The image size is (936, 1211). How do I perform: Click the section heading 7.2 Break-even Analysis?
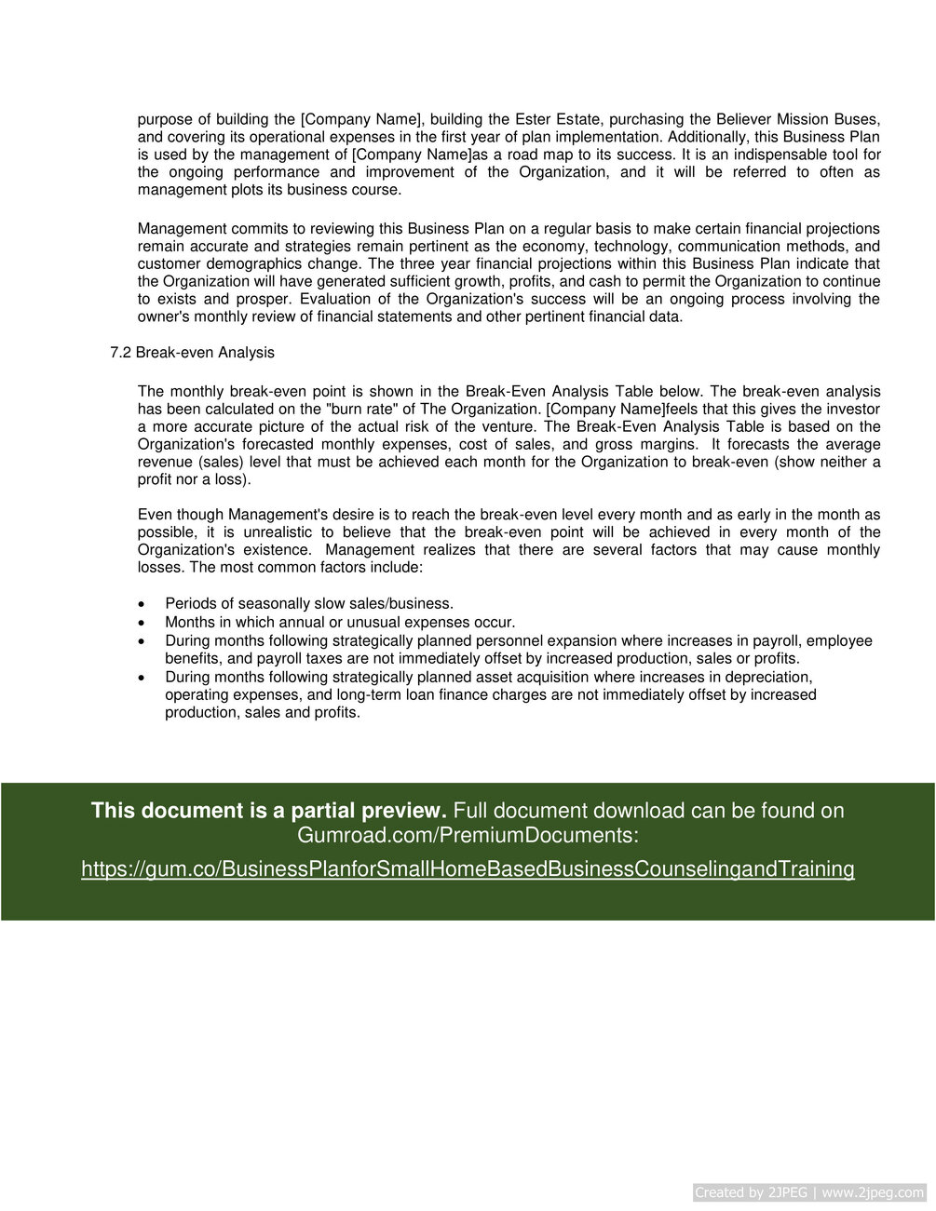click(192, 353)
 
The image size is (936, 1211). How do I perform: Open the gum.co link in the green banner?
click(468, 869)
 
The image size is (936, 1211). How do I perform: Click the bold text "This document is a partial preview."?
click(269, 811)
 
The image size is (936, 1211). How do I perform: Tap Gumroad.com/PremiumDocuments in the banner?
click(468, 836)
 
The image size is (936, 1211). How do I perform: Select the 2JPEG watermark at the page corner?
click(809, 1192)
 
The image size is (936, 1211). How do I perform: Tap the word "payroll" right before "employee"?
click(775, 641)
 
